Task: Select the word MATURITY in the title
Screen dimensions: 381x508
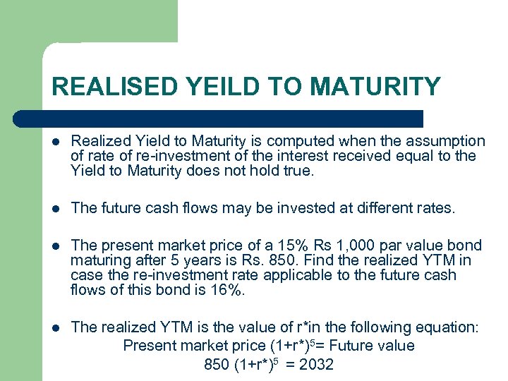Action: click(x=375, y=87)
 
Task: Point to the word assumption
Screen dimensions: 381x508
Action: click(x=446, y=142)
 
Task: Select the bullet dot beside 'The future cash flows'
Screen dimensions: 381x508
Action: click(x=55, y=207)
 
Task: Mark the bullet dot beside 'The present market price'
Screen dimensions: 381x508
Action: click(x=55, y=246)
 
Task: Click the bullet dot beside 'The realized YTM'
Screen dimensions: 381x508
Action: click(x=55, y=328)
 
